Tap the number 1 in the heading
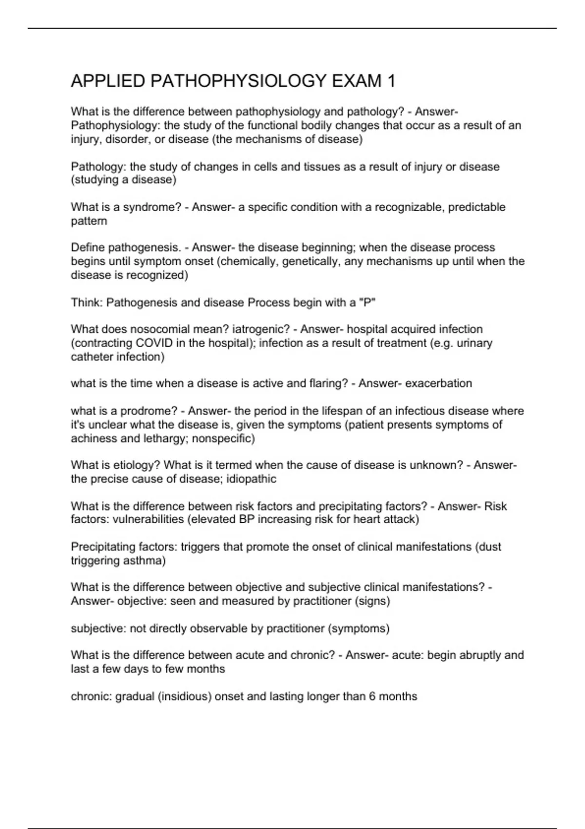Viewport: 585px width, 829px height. [391, 81]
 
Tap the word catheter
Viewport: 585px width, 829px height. [92, 357]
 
